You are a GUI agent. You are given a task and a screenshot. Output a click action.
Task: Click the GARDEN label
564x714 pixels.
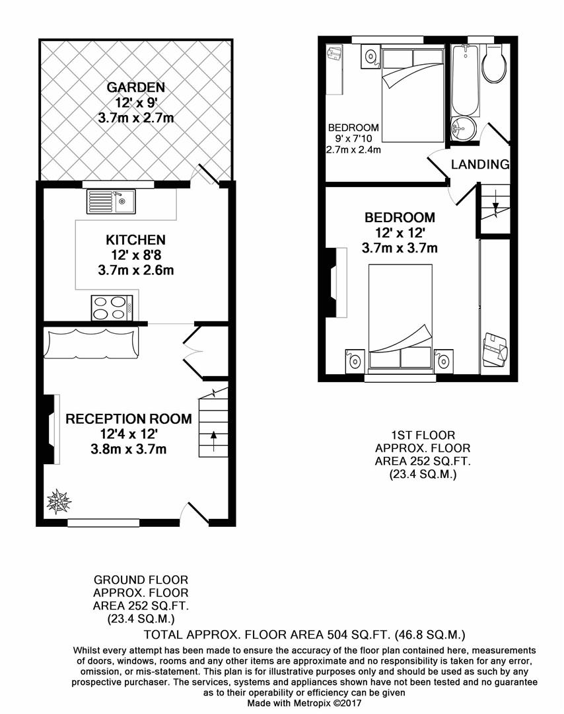pos(136,87)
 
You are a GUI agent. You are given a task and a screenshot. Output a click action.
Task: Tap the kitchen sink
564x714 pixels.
pos(111,201)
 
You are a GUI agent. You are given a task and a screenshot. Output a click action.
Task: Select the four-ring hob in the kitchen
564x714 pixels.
pos(112,307)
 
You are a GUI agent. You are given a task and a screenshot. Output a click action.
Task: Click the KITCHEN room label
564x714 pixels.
pos(135,240)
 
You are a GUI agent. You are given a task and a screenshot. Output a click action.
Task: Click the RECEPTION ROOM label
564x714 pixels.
pos(129,418)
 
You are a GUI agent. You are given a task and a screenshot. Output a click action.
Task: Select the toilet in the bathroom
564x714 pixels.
pos(493,65)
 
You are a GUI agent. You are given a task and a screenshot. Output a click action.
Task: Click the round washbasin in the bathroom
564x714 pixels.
pos(463,129)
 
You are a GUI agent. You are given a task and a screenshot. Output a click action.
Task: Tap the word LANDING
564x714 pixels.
pos(480,165)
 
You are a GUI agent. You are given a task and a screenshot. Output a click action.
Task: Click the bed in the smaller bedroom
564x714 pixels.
pos(412,93)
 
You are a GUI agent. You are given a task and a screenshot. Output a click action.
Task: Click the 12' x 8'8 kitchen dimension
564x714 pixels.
pos(135,255)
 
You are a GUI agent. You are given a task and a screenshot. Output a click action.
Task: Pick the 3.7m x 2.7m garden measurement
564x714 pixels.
pos(136,118)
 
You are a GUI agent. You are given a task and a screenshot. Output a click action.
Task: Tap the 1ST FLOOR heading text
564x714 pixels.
pos(423,435)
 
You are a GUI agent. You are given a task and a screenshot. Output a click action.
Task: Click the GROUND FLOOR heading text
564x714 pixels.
pos(141,580)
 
